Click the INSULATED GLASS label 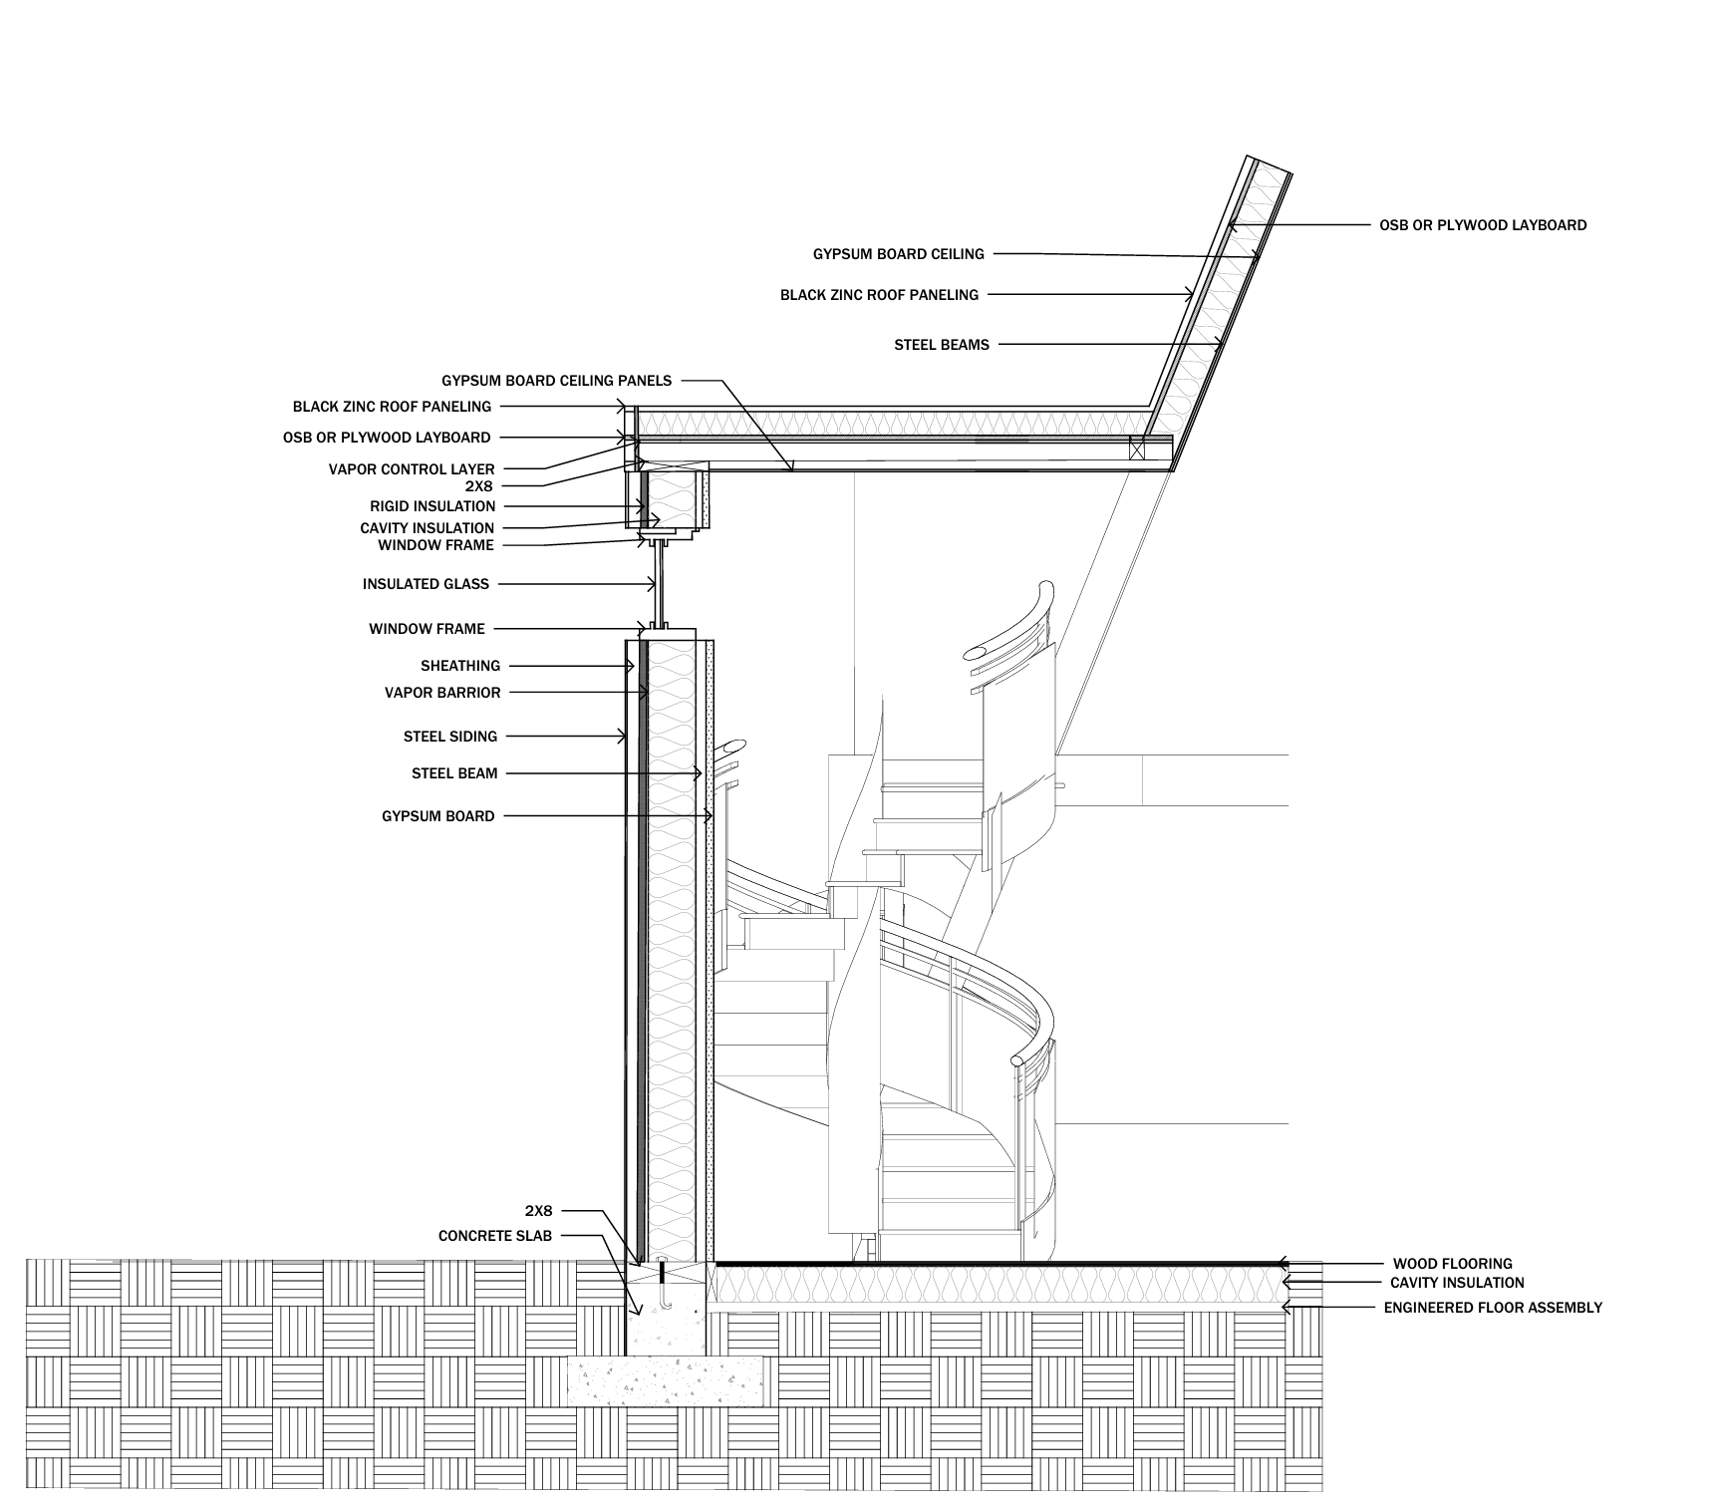tap(426, 584)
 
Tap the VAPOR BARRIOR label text tap(442, 693)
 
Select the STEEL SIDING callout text tap(449, 737)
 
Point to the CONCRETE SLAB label tap(494, 1236)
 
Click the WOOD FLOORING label tap(1452, 1264)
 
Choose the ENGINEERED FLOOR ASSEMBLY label tap(1493, 1307)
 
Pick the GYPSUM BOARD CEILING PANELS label tap(556, 381)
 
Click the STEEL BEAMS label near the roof tap(942, 345)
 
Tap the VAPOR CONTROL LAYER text tap(412, 468)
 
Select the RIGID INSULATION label tap(432, 506)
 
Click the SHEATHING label tap(460, 666)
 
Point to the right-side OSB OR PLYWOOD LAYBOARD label tap(1483, 225)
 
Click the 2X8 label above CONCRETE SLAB tap(538, 1211)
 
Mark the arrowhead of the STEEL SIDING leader tap(624, 737)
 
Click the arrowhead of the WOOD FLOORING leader tap(1283, 1264)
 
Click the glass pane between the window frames tap(659, 585)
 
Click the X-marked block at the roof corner tap(1136, 448)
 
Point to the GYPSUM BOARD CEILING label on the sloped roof tap(898, 254)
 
